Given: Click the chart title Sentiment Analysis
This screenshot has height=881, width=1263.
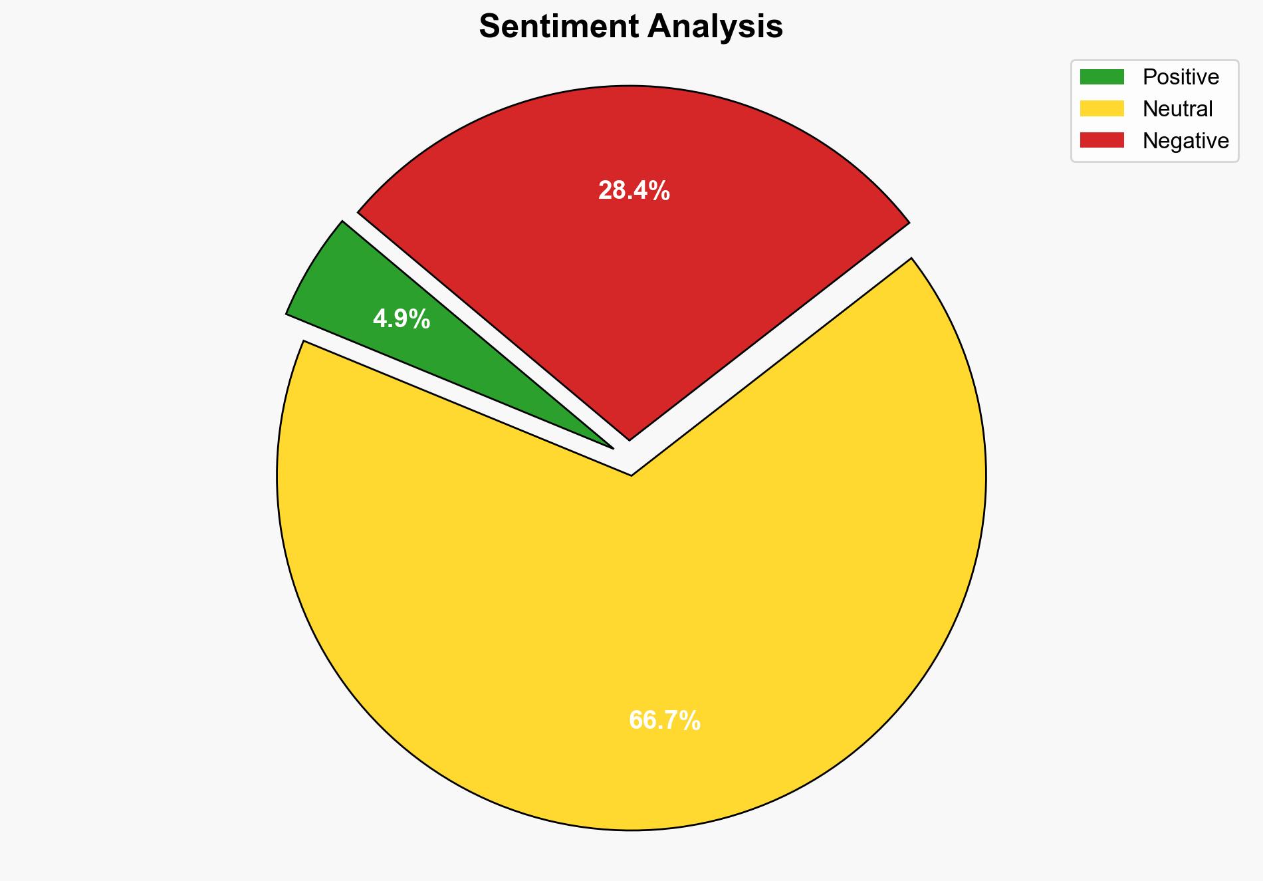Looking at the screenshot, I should pos(631,27).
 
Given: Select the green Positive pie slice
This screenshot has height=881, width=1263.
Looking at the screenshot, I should pos(372,293).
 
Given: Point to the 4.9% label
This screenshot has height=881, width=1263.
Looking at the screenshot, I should pos(402,320).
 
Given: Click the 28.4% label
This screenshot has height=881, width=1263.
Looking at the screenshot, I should pos(634,191).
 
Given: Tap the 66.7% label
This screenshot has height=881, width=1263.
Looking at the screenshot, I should pos(665,721).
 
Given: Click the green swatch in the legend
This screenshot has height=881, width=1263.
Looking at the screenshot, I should pos(1101,77).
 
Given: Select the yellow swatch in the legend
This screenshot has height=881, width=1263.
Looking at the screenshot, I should pos(1101,108).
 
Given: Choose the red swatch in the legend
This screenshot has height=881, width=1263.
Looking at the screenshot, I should pos(1101,140).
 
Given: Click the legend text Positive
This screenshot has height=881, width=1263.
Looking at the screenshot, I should pos(1181,77).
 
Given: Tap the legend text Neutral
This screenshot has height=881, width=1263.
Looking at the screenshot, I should pos(1178,109).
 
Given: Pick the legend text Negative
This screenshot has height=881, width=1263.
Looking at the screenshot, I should pos(1186,141).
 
